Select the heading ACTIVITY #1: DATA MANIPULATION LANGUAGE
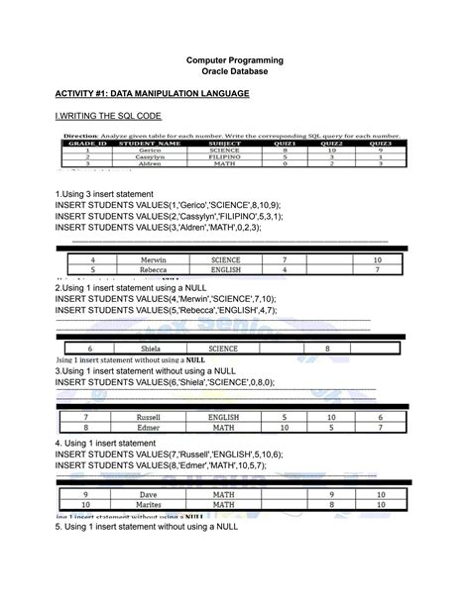click(152, 94)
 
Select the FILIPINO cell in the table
click(224, 157)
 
